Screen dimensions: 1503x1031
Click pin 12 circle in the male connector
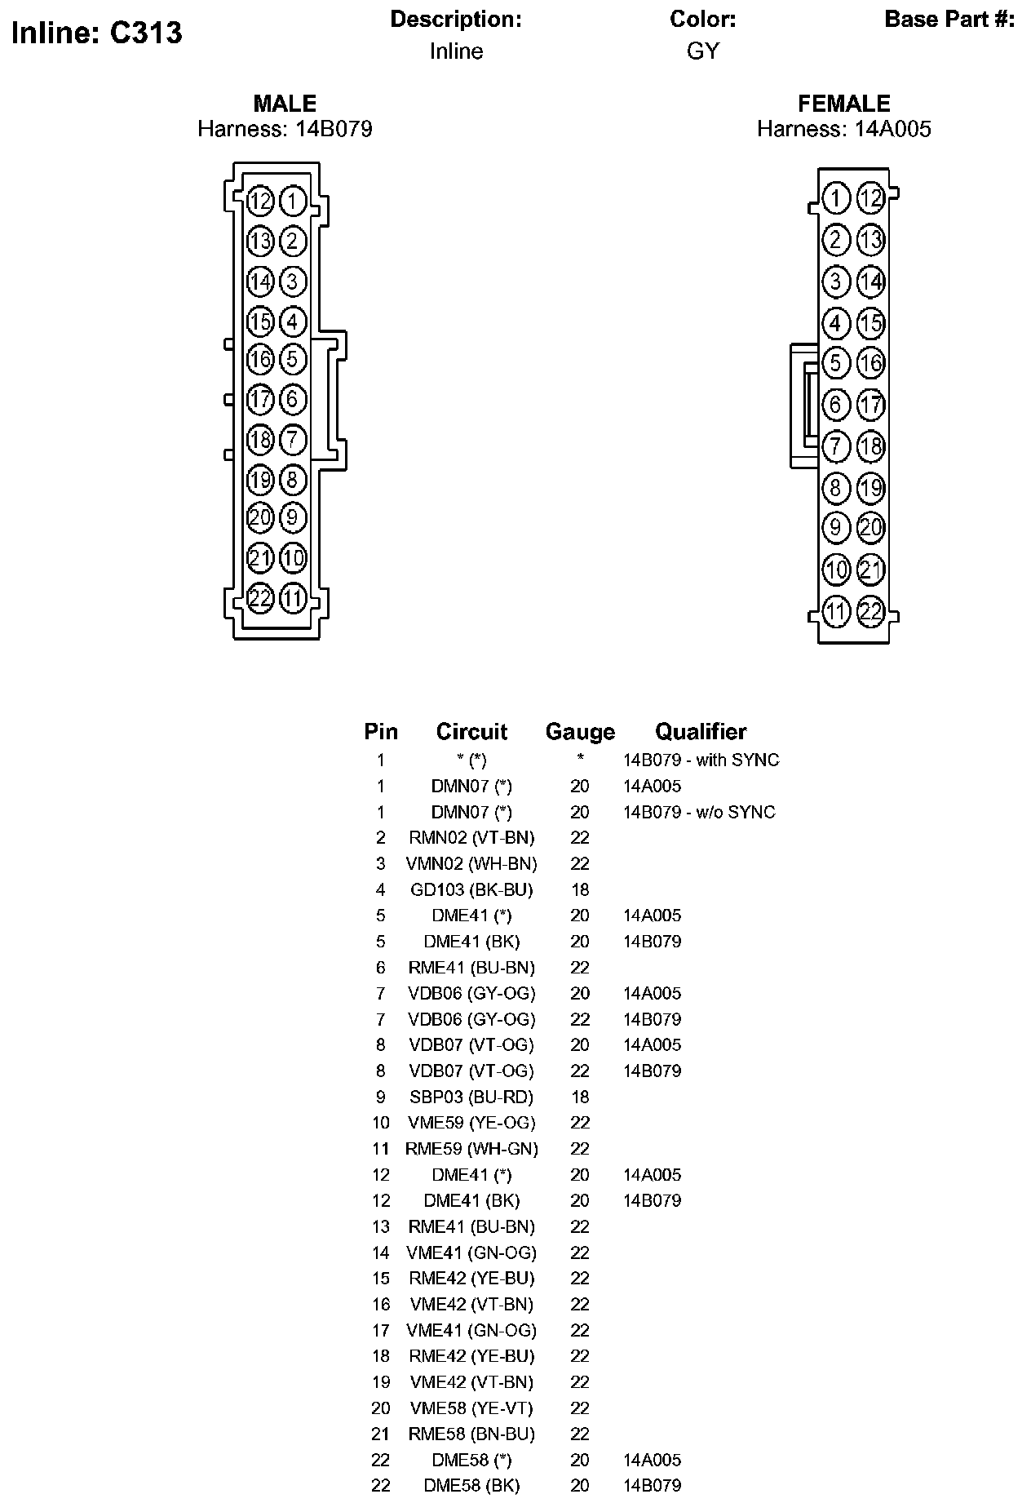click(260, 201)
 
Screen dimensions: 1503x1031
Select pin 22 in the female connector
click(871, 611)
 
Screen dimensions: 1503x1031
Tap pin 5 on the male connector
click(293, 359)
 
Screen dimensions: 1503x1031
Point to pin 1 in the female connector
click(835, 198)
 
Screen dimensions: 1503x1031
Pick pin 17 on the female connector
click(871, 404)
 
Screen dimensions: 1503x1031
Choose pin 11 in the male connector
click(293, 598)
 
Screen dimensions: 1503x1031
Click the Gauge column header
click(580, 732)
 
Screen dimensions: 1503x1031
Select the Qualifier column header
click(701, 732)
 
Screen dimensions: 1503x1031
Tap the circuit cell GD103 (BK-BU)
click(471, 889)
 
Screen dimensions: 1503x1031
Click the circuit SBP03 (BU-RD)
click(471, 1097)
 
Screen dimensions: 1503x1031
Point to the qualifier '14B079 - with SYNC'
click(701, 760)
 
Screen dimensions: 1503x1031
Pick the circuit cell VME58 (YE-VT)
click(471, 1408)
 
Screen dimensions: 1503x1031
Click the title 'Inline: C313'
click(97, 33)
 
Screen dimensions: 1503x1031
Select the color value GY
click(702, 51)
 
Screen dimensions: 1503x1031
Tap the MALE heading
click(285, 104)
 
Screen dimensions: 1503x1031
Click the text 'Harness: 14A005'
click(843, 129)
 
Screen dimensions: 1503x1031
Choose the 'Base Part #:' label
click(949, 20)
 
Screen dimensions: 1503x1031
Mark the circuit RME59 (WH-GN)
click(471, 1149)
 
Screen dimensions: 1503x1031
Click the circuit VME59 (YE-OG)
click(471, 1123)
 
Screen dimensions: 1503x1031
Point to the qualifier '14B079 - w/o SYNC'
click(699, 812)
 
